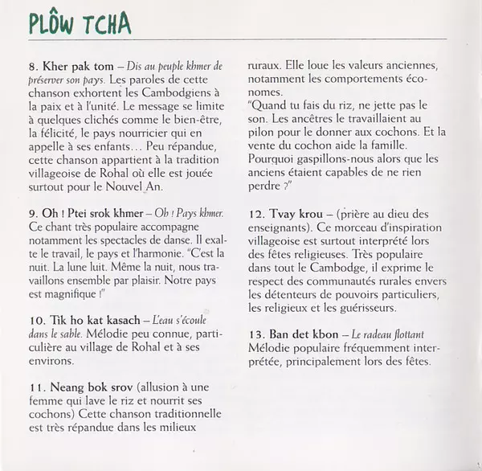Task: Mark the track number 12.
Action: tap(255, 215)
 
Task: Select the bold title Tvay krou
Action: tap(298, 215)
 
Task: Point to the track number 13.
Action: tap(255, 334)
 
